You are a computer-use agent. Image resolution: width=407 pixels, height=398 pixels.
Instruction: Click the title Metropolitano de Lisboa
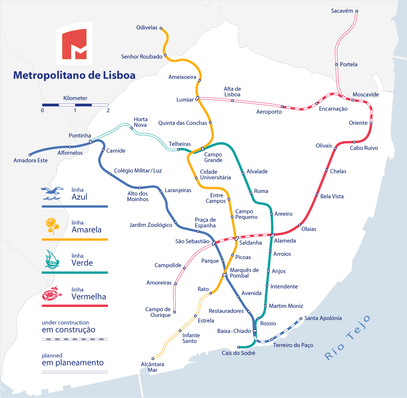pyautogui.click(x=74, y=75)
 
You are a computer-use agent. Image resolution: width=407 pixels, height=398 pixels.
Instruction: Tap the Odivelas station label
pyautogui.click(x=147, y=28)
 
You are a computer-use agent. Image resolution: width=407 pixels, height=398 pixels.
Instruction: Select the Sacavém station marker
pyautogui.click(x=357, y=11)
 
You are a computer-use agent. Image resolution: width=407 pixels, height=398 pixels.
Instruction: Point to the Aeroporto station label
pyautogui.click(x=269, y=112)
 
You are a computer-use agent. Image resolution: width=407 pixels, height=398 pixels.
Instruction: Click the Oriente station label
pyautogui.click(x=358, y=123)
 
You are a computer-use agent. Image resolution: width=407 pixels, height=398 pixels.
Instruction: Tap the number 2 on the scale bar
pyautogui.click(x=108, y=111)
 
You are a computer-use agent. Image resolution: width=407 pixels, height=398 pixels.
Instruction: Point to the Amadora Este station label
pyautogui.click(x=30, y=161)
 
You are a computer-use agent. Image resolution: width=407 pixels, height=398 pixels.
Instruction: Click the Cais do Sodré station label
pyautogui.click(x=238, y=353)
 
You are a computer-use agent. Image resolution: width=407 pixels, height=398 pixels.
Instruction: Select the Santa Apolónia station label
pyautogui.click(x=323, y=318)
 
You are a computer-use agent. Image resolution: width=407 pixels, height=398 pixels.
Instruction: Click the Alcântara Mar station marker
pyautogui.click(x=153, y=358)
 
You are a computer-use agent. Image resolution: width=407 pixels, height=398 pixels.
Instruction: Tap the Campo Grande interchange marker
pyautogui.click(x=203, y=148)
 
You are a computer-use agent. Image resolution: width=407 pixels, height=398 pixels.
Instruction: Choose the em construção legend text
pyautogui.click(x=68, y=330)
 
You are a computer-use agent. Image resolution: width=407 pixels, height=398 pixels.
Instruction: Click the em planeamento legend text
pyautogui.click(x=72, y=363)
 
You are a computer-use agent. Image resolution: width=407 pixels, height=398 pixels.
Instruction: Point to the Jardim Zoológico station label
pyautogui.click(x=151, y=225)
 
